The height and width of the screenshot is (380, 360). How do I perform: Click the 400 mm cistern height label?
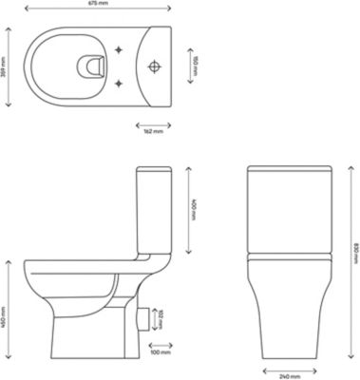(x=193, y=209)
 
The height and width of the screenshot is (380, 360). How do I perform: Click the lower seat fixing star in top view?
(x=118, y=83)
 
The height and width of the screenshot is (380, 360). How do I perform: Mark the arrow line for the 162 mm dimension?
(x=151, y=123)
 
